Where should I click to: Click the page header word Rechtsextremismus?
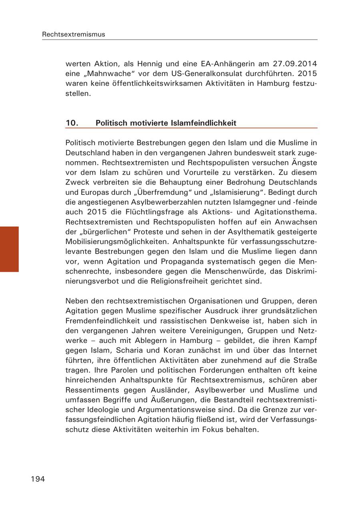tap(74, 34)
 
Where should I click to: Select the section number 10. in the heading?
tap(72, 123)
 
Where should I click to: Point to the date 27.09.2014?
tap(295, 64)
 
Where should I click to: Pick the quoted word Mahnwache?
tap(106, 74)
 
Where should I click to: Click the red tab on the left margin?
tap(9, 249)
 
